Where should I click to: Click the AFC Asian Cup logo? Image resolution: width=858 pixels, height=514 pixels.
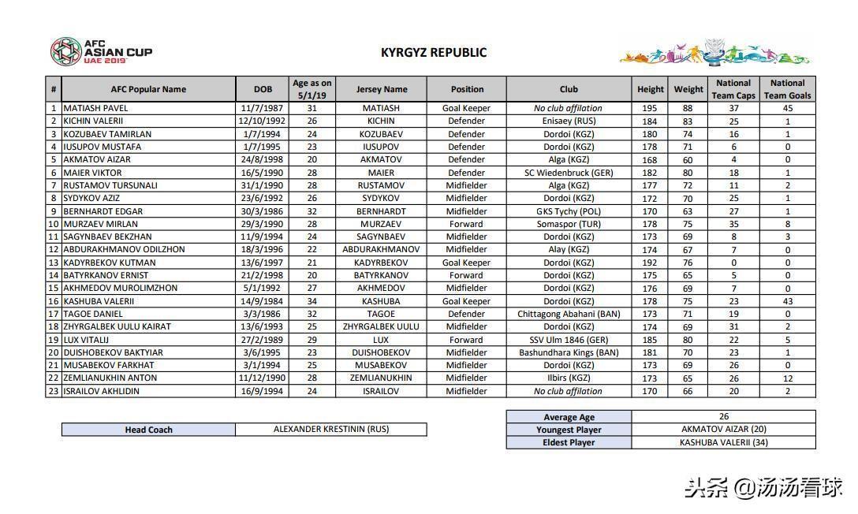[x=100, y=52]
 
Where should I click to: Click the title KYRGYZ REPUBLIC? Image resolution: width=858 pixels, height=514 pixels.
[x=434, y=53]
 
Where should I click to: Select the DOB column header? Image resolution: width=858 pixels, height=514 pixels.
[x=263, y=89]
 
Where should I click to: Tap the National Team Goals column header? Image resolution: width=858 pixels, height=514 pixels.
[x=787, y=89]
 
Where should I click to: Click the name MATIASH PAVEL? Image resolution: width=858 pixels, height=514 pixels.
[x=95, y=108]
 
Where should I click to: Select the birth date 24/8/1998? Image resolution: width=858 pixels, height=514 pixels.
[x=263, y=159]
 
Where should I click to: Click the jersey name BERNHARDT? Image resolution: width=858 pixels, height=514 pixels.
[x=381, y=211]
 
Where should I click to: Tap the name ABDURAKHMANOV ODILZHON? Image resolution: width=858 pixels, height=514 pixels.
[x=124, y=250]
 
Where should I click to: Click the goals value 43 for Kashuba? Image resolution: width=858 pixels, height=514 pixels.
[x=787, y=301]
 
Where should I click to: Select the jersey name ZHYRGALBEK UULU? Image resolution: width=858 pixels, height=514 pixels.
[x=381, y=326]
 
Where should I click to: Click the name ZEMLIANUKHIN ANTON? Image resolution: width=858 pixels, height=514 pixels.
[x=110, y=378]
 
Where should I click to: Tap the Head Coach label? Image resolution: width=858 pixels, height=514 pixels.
[x=148, y=430]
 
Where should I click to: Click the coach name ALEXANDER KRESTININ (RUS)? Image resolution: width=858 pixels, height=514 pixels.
[x=331, y=430]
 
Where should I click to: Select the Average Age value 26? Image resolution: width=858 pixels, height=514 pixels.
[x=723, y=416]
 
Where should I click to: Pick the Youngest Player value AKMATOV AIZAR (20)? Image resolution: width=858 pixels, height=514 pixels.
[x=723, y=430]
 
